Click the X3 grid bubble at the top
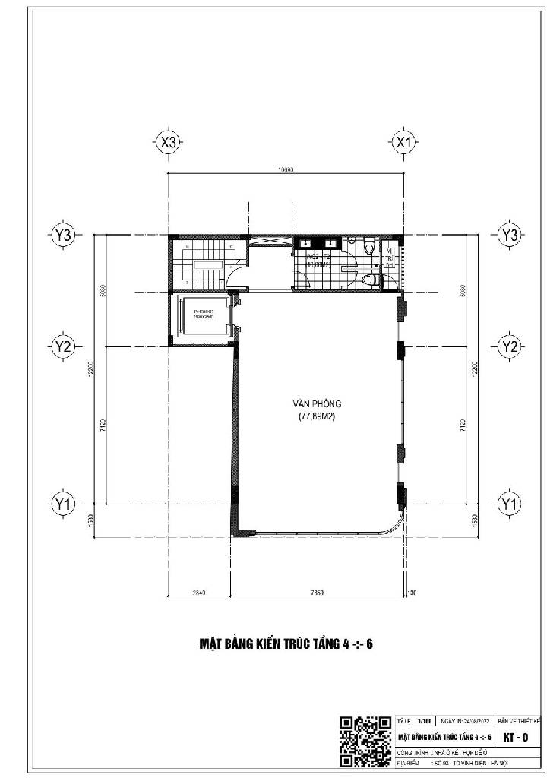[169, 142]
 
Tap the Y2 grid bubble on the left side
[63, 346]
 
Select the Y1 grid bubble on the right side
[508, 503]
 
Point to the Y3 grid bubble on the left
[63, 236]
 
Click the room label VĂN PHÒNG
[317, 404]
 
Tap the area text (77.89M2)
[317, 417]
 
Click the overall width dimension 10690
[286, 171]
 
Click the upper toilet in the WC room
[369, 247]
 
